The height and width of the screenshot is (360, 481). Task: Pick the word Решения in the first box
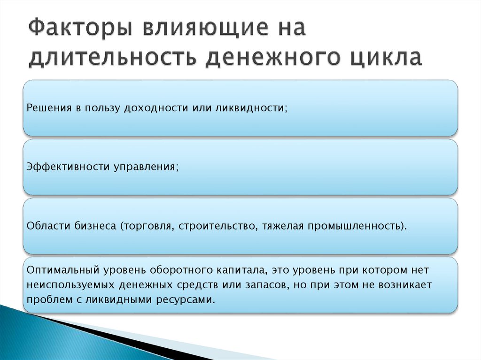coord(46,108)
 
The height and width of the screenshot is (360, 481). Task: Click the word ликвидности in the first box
coord(251,108)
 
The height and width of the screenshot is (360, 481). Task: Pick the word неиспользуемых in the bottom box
coord(64,285)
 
